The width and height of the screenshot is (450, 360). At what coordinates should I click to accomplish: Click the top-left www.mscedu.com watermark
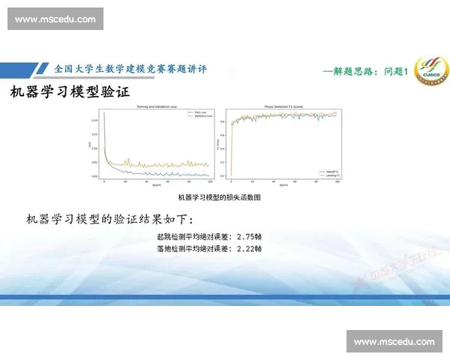(x=55, y=19)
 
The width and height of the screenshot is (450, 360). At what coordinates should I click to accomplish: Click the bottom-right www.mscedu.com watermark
(x=394, y=342)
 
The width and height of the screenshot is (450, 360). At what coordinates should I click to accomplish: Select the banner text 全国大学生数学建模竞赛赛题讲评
(x=130, y=69)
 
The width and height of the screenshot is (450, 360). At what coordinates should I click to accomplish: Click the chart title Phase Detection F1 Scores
(x=284, y=107)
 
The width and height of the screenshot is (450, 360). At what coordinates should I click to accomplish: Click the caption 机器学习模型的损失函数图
(x=218, y=198)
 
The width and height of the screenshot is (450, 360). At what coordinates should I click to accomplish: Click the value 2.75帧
(x=248, y=236)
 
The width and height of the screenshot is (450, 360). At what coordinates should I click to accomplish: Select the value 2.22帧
(x=248, y=248)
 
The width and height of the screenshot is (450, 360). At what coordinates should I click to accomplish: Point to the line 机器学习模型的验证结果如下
(x=109, y=220)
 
